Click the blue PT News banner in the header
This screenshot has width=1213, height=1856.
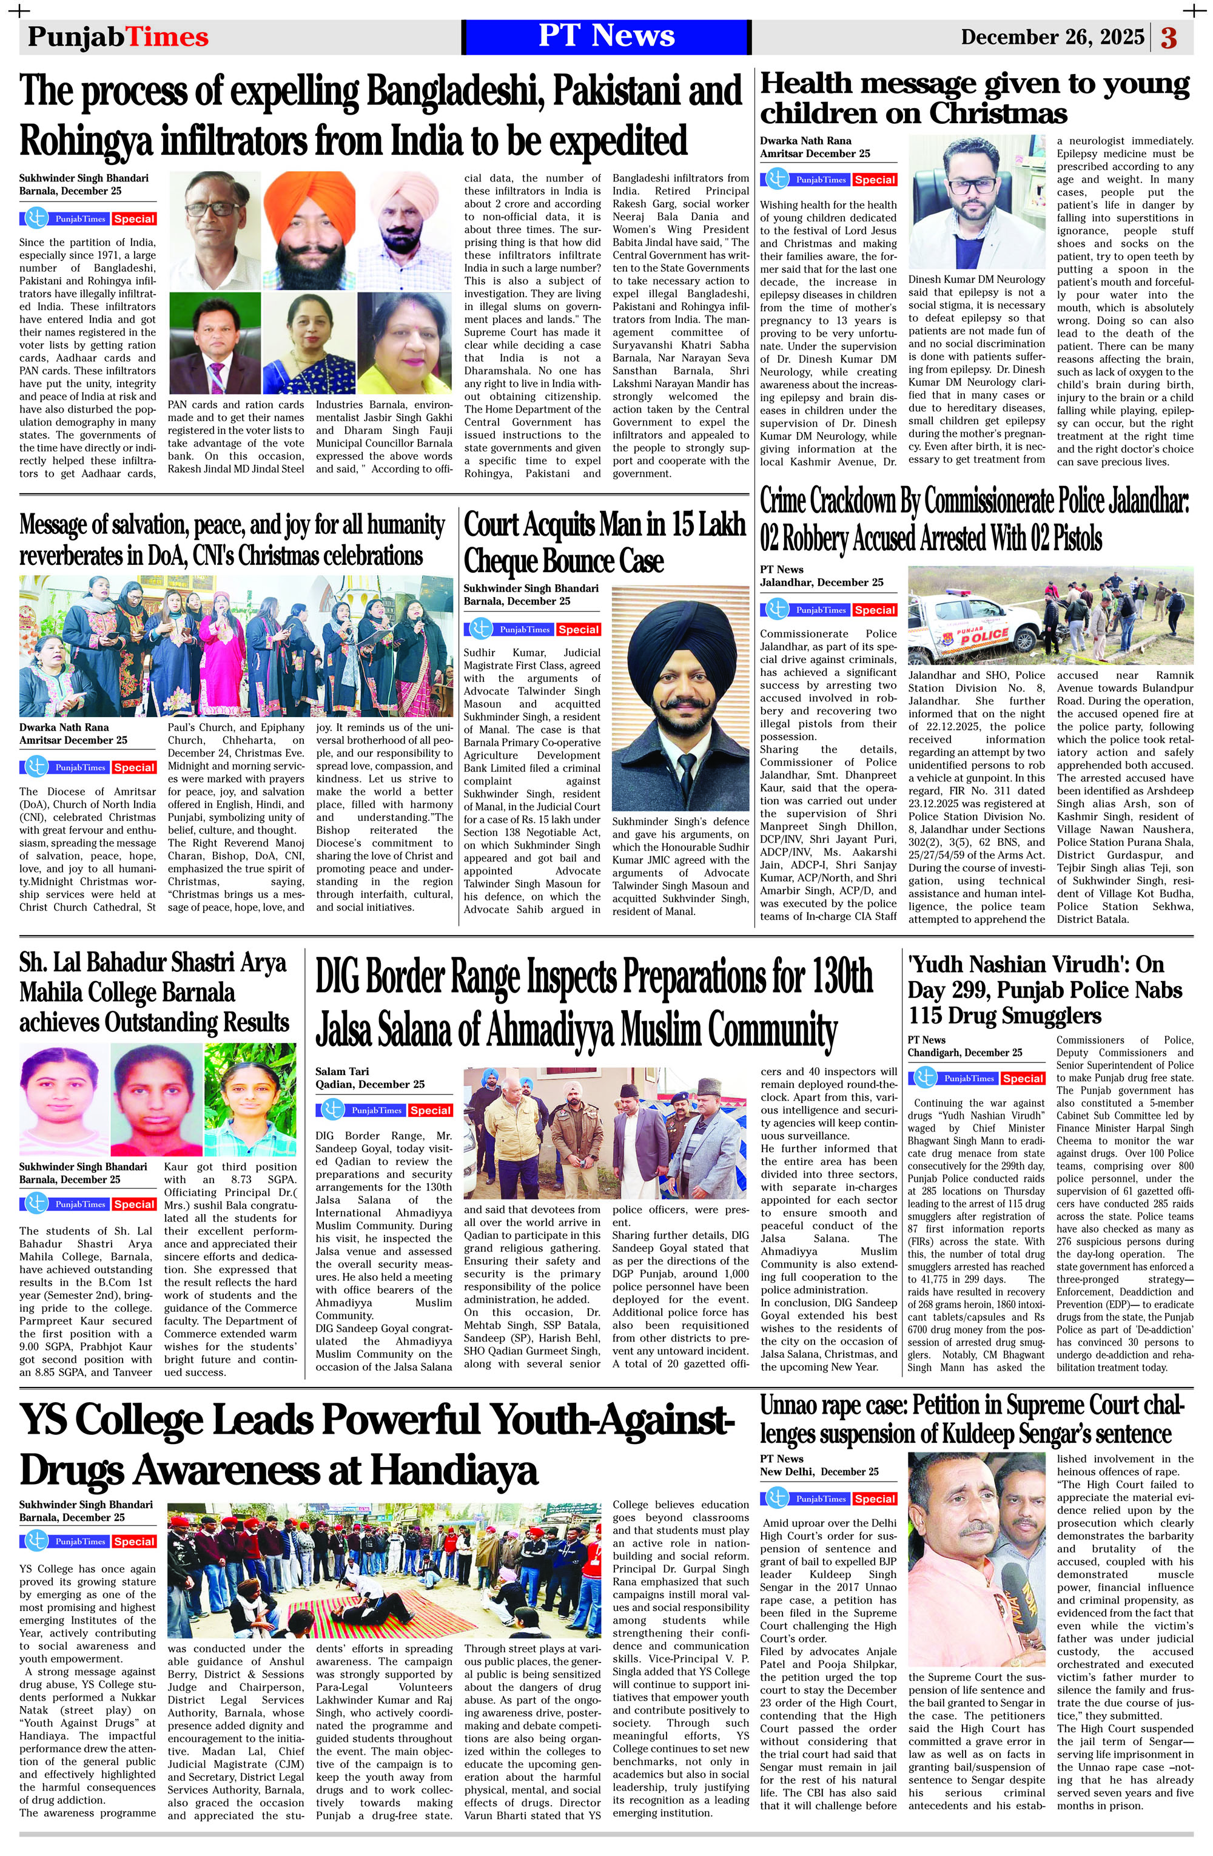[x=606, y=36]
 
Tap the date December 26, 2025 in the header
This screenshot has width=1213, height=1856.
[x=1052, y=38]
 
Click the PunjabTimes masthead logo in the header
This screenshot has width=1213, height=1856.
[x=118, y=36]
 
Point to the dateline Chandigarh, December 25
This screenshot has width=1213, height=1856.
[x=964, y=1053]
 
